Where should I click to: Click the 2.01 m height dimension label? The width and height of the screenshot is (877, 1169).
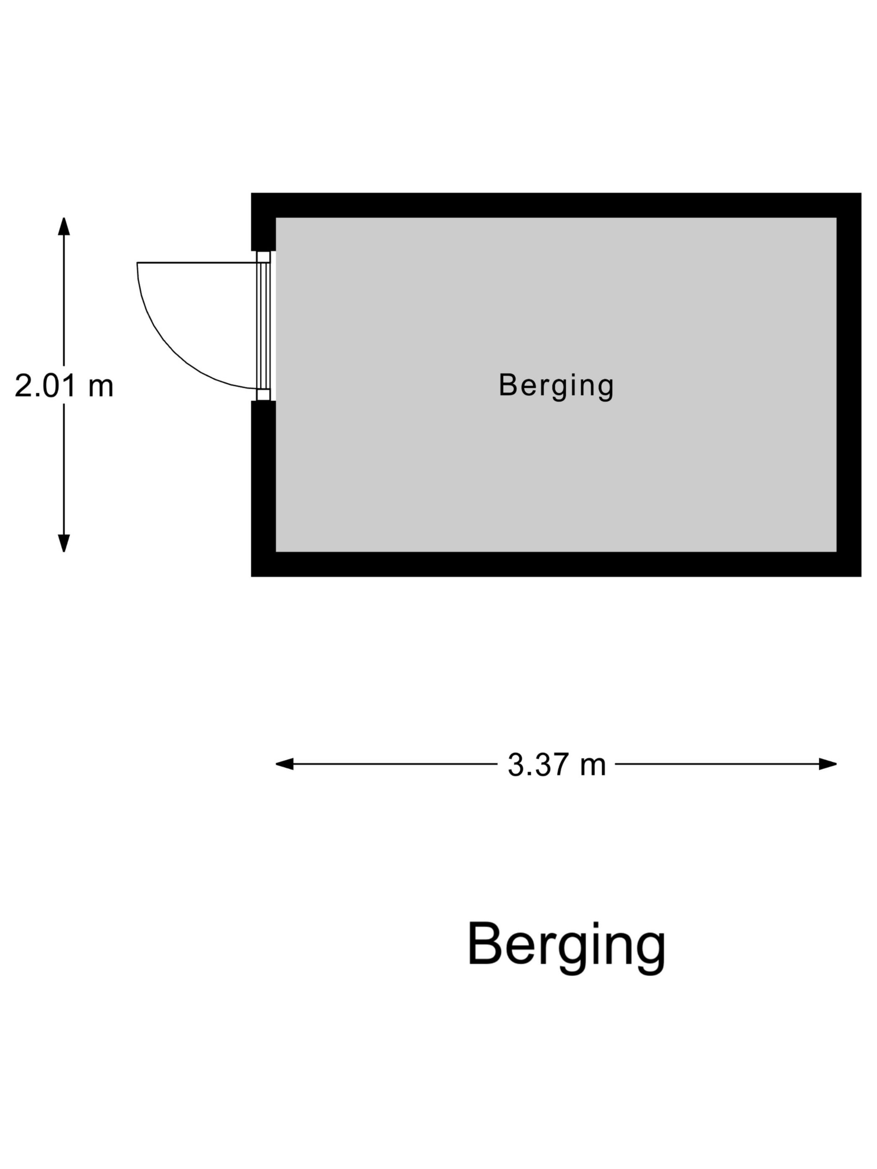[x=64, y=385]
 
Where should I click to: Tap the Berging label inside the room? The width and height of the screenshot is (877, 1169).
[x=556, y=386]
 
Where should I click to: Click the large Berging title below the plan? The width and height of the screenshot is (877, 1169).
[x=566, y=946]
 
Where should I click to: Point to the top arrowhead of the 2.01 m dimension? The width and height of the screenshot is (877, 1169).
[x=64, y=226]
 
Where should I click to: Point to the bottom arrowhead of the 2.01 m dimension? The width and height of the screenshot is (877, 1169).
[x=64, y=543]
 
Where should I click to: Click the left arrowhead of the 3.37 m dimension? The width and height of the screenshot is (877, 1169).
[x=284, y=764]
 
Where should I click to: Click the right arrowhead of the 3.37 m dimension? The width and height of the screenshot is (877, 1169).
[x=828, y=764]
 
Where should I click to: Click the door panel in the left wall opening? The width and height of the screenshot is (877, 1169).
[x=263, y=326]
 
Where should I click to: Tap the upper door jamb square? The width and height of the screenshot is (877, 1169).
[x=263, y=257]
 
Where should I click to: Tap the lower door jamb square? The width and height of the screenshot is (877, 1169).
[x=263, y=395]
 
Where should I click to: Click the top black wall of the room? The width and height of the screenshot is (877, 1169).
[x=556, y=205]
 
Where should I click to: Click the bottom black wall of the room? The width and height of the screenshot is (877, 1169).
[x=556, y=564]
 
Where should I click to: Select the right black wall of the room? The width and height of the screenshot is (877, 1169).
[x=849, y=385]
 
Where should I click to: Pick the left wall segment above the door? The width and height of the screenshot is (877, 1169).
[x=263, y=222]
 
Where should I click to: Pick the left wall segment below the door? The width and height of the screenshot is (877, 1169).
[x=263, y=488]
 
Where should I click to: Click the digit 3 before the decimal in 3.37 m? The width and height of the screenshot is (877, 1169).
[x=515, y=765]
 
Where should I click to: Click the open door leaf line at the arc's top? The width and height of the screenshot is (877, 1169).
[x=197, y=263]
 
